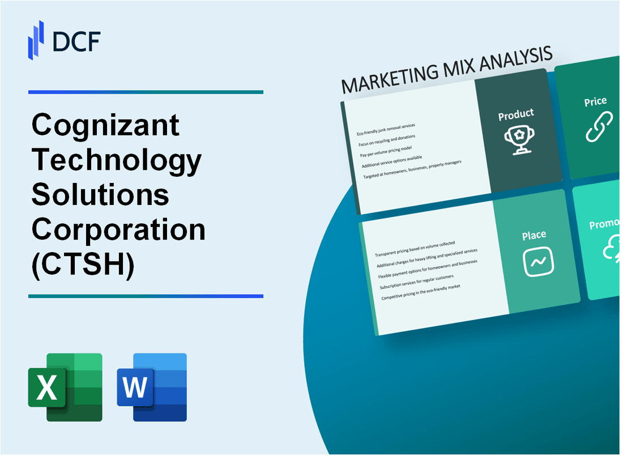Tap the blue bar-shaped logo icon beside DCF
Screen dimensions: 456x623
point(36,40)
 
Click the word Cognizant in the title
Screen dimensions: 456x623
point(106,125)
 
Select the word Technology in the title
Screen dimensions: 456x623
point(117,160)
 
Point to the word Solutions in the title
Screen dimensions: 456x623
point(100,194)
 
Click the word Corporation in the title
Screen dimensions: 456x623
point(118,229)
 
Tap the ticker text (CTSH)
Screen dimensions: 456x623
point(83,265)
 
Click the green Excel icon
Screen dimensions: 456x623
point(65,387)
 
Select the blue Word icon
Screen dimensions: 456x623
point(152,387)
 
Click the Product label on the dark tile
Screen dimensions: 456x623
point(515,115)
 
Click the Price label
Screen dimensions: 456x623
point(595,102)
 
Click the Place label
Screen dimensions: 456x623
point(534,235)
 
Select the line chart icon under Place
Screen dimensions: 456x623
point(538,262)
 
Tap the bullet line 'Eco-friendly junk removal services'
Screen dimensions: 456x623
point(386,130)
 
